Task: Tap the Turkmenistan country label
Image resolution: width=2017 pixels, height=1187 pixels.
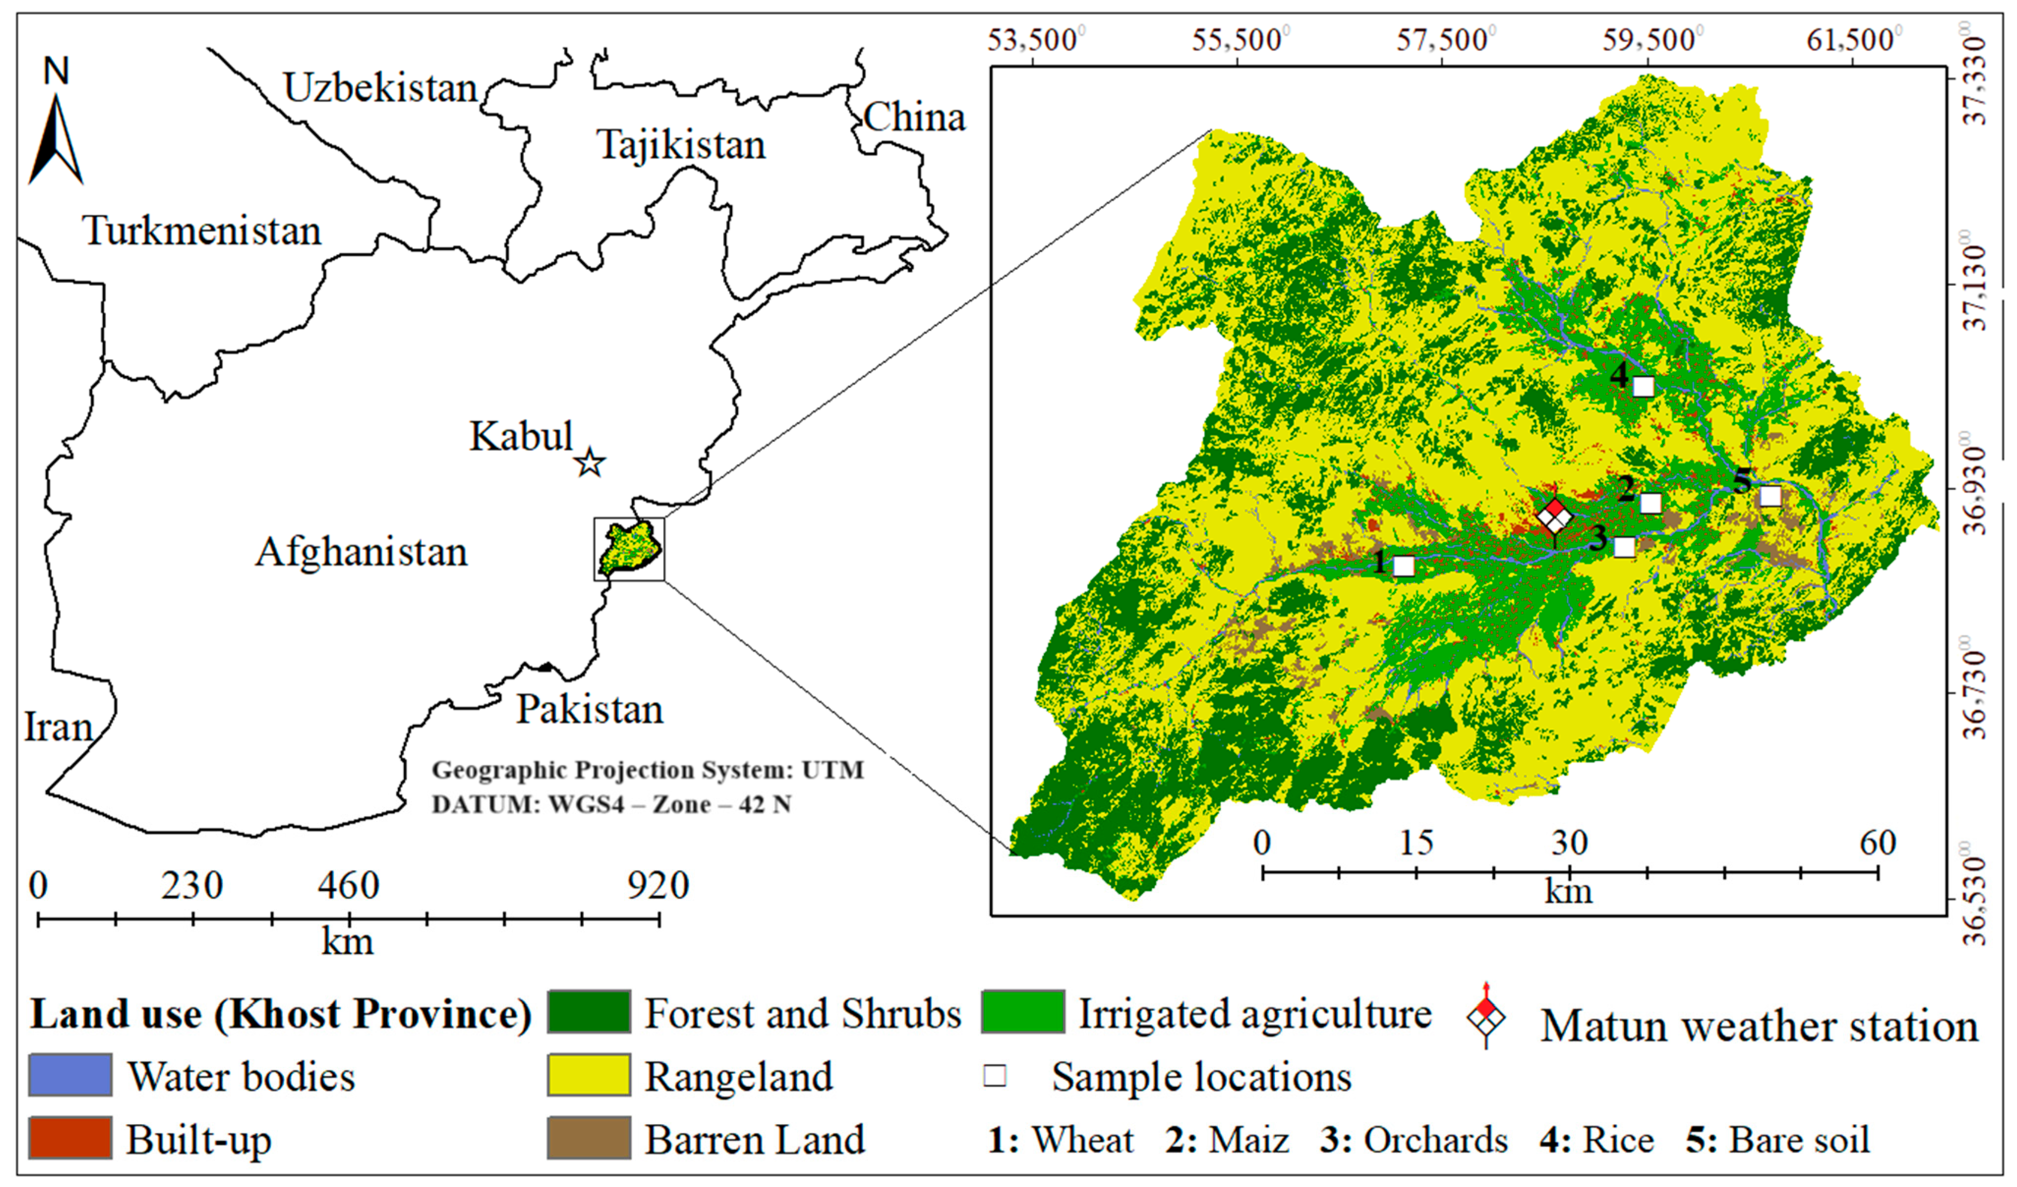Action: coord(202,231)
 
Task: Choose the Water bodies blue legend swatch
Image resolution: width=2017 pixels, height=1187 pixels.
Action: coord(70,1075)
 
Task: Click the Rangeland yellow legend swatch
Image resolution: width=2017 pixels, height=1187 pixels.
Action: coord(588,1075)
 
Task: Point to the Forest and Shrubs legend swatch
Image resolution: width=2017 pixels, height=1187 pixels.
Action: coord(588,1013)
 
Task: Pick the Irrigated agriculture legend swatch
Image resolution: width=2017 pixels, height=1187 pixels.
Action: coord(1023,1013)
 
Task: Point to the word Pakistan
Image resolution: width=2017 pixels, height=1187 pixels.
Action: coord(590,709)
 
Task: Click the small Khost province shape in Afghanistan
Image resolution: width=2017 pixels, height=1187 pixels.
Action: coord(630,549)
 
